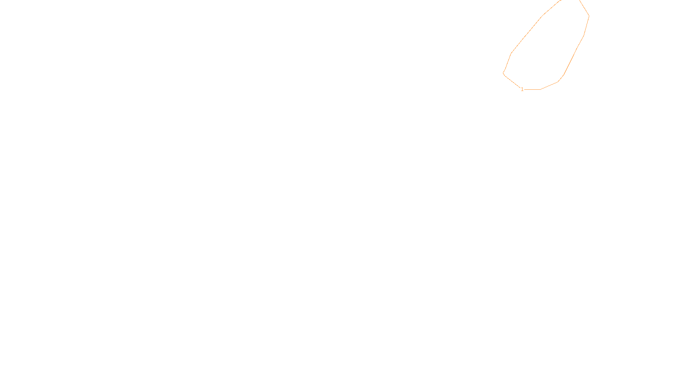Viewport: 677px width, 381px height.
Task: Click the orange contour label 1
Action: [x=522, y=89]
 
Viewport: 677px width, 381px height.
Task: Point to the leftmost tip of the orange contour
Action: [x=503, y=73]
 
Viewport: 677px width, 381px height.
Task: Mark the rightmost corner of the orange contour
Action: [x=589, y=16]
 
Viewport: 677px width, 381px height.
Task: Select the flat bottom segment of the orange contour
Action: [x=532, y=89]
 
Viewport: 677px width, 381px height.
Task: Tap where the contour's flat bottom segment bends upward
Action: [x=540, y=89]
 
